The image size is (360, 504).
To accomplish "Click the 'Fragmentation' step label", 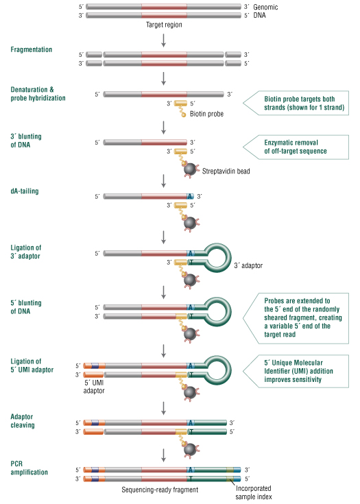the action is tap(31, 49).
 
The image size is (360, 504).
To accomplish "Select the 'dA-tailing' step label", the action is tap(25, 191).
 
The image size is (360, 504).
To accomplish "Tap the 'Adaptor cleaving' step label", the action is tap(23, 421).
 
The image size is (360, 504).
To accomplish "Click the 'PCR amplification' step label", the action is tap(29, 468).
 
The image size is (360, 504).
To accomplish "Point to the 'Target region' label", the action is tap(164, 25).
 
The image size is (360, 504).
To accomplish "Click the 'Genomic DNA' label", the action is tap(265, 11).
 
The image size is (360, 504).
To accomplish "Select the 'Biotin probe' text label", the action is tap(206, 114).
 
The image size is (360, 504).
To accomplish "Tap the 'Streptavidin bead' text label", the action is tap(226, 171).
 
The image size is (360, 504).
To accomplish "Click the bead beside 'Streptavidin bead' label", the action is tap(190, 169).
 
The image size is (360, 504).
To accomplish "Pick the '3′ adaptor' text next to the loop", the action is tap(248, 265).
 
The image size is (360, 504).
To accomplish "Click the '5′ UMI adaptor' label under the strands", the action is tap(94, 387).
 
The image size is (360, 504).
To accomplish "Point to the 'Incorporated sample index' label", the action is tap(254, 492).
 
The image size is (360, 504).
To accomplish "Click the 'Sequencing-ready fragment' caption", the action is tap(160, 490).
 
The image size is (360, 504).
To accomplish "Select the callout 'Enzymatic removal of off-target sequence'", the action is tap(296, 147).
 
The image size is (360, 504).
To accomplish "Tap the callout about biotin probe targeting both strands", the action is tap(296, 103).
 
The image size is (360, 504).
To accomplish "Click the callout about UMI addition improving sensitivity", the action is tap(296, 371).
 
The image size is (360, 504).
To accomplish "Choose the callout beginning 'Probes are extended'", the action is tap(296, 318).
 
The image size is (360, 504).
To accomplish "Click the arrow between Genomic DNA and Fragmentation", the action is tap(164, 40).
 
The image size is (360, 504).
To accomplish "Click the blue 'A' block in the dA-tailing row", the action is tap(190, 196).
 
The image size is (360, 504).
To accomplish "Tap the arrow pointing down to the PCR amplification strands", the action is tap(164, 455).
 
